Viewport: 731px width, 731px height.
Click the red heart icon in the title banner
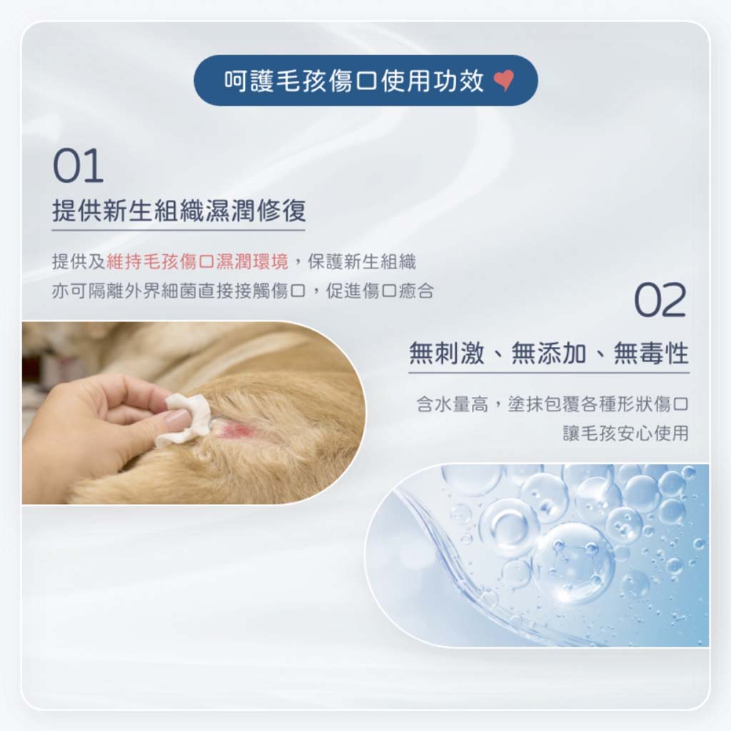pos(504,81)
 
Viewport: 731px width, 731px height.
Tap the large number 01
pos(79,166)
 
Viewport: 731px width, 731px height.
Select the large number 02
pos(660,301)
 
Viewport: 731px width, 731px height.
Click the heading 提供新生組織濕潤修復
pos(179,211)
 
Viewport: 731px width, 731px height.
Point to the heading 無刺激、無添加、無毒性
pos(549,353)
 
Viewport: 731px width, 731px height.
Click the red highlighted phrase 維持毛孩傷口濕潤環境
pos(197,262)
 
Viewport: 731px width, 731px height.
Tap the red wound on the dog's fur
pos(234,430)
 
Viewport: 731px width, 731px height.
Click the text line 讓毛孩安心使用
pos(625,433)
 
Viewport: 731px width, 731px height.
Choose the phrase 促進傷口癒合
pos(380,291)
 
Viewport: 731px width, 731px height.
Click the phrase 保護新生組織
pos(362,262)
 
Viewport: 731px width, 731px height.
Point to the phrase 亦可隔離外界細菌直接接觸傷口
pos(178,291)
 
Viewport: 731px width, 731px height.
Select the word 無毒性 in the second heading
pos(651,353)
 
